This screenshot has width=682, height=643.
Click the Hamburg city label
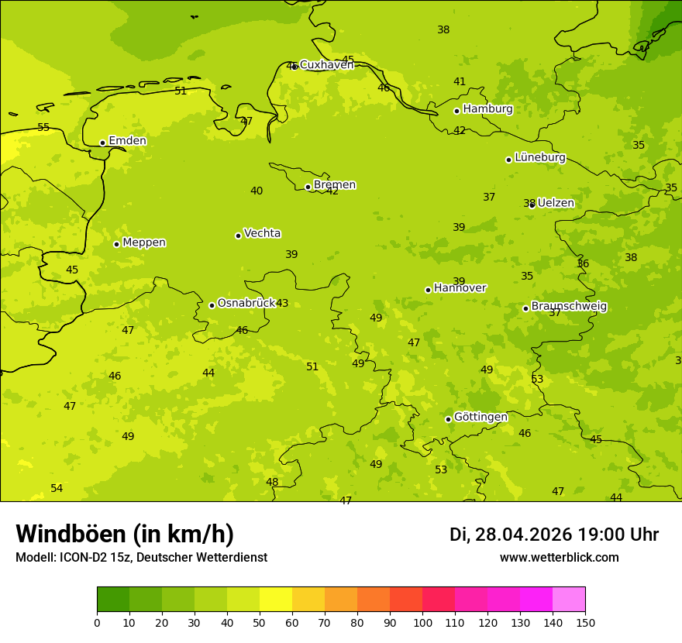pos(487,109)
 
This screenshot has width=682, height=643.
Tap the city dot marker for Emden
pos(102,143)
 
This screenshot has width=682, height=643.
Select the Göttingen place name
pos(480,417)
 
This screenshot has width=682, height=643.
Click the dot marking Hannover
pos(428,290)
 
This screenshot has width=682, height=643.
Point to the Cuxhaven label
pos(326,64)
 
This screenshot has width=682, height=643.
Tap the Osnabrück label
pos(246,303)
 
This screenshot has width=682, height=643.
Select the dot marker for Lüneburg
pos(508,160)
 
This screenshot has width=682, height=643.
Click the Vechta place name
pos(262,233)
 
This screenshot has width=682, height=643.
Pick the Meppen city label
pos(144,242)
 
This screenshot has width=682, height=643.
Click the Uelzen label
pos(556,203)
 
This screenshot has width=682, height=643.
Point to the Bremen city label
pos(335,185)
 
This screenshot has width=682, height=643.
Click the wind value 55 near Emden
pos(43,127)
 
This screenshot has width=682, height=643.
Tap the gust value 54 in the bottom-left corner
pos(57,488)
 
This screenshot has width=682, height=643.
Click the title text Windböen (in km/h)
pos(125,534)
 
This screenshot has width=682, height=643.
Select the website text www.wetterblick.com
pos(559,558)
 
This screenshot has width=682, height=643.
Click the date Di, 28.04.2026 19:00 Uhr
pos(553,535)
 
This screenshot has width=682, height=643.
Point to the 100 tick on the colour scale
pos(422,622)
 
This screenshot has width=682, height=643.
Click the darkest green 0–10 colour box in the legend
pos(113,600)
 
